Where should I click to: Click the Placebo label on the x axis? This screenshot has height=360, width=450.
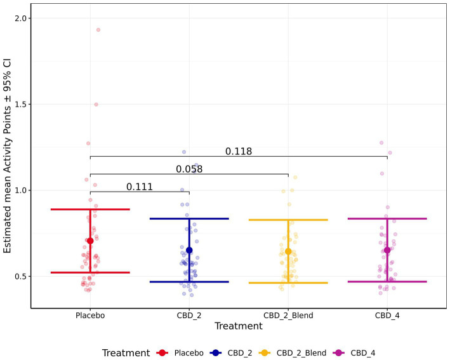90,316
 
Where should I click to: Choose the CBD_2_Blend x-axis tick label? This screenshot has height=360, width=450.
288,316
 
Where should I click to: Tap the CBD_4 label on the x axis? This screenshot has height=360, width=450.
387,316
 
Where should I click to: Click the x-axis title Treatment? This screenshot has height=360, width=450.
238,326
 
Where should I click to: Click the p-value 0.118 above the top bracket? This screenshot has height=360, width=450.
239,151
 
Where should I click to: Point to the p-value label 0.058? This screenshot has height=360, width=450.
189,169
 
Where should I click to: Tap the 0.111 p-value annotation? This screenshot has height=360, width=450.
140,187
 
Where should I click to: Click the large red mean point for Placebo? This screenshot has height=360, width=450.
90,241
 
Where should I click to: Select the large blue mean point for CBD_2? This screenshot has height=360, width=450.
189,250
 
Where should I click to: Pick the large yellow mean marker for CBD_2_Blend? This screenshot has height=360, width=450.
288,251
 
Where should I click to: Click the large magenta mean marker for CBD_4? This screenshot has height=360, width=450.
387,250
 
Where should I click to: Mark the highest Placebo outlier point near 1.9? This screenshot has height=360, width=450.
98,30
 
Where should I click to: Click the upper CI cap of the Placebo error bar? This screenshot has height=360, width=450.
90,209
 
